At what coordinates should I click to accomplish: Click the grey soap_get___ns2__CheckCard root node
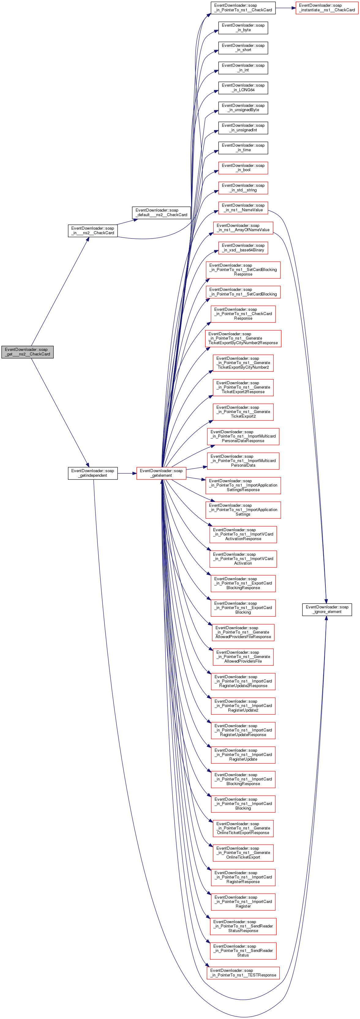(27, 352)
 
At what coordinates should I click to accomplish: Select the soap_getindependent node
(92, 473)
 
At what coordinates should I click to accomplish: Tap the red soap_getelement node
(161, 473)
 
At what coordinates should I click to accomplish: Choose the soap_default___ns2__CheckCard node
(161, 212)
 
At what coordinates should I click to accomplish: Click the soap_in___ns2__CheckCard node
(92, 231)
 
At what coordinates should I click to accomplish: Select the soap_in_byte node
(243, 28)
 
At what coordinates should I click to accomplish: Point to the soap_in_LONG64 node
(243, 88)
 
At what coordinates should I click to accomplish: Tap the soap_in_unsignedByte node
(243, 107)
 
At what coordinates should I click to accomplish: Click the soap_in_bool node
(243, 168)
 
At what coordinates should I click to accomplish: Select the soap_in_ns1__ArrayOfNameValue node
(243, 228)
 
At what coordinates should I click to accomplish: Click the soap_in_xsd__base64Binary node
(243, 248)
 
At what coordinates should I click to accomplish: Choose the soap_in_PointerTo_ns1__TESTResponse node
(243, 973)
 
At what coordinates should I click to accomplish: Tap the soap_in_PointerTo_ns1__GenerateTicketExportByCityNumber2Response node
(243, 339)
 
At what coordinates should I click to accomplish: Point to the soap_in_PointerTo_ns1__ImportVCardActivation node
(243, 559)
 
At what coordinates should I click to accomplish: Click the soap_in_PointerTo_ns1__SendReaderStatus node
(243, 950)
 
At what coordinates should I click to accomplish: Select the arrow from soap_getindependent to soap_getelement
(127, 473)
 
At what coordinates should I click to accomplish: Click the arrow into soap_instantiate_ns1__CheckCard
(286, 8)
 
